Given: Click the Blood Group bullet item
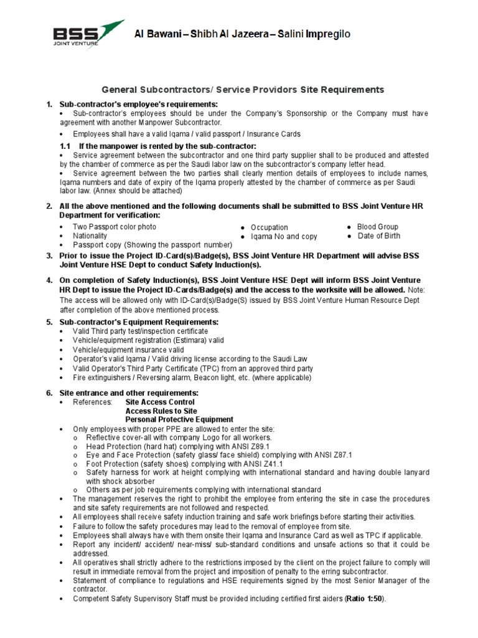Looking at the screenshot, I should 377,227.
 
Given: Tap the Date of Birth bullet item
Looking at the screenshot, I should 378,236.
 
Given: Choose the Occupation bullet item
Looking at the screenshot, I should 269,227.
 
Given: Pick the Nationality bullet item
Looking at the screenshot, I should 90,236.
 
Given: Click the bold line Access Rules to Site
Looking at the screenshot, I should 161,411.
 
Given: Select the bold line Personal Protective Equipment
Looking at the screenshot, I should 179,420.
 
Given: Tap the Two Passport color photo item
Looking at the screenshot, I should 115,227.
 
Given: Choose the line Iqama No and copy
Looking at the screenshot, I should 284,237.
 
